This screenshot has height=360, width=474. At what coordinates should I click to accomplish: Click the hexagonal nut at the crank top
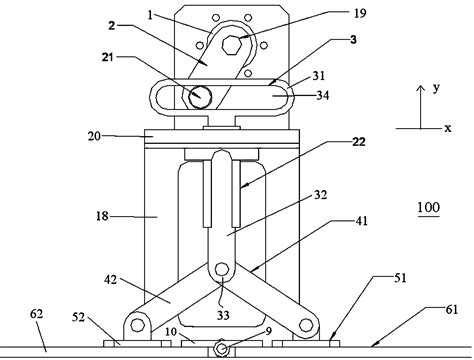pyautogui.click(x=231, y=45)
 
